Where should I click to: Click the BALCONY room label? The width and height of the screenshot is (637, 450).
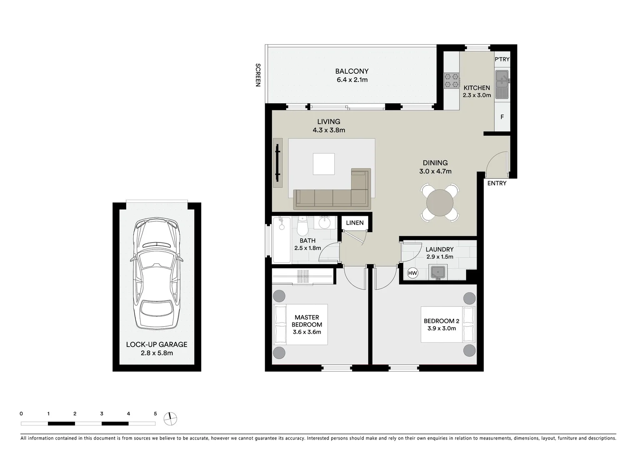(352, 71)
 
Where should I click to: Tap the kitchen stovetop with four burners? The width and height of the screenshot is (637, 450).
(451, 80)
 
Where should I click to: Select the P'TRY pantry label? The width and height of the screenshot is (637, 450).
(502, 60)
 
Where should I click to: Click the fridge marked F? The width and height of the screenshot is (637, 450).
(502, 117)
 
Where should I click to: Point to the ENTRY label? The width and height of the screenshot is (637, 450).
(497, 183)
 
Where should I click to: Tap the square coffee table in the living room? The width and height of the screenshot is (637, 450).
(324, 164)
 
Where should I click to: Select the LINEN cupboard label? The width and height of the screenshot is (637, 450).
(355, 223)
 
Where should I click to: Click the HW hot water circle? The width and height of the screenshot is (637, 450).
(412, 273)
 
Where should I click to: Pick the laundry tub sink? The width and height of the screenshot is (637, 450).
(438, 272)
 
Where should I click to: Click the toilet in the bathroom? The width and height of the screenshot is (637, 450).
(303, 226)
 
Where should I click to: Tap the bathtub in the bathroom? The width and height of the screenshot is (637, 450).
(282, 240)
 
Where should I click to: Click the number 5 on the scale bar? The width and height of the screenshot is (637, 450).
(155, 414)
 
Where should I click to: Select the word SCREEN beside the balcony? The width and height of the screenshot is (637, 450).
(257, 75)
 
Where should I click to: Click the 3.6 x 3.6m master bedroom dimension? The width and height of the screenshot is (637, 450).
(307, 332)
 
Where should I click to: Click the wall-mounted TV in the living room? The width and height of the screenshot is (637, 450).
(277, 163)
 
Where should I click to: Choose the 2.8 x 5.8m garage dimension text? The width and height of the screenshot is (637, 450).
(157, 353)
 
